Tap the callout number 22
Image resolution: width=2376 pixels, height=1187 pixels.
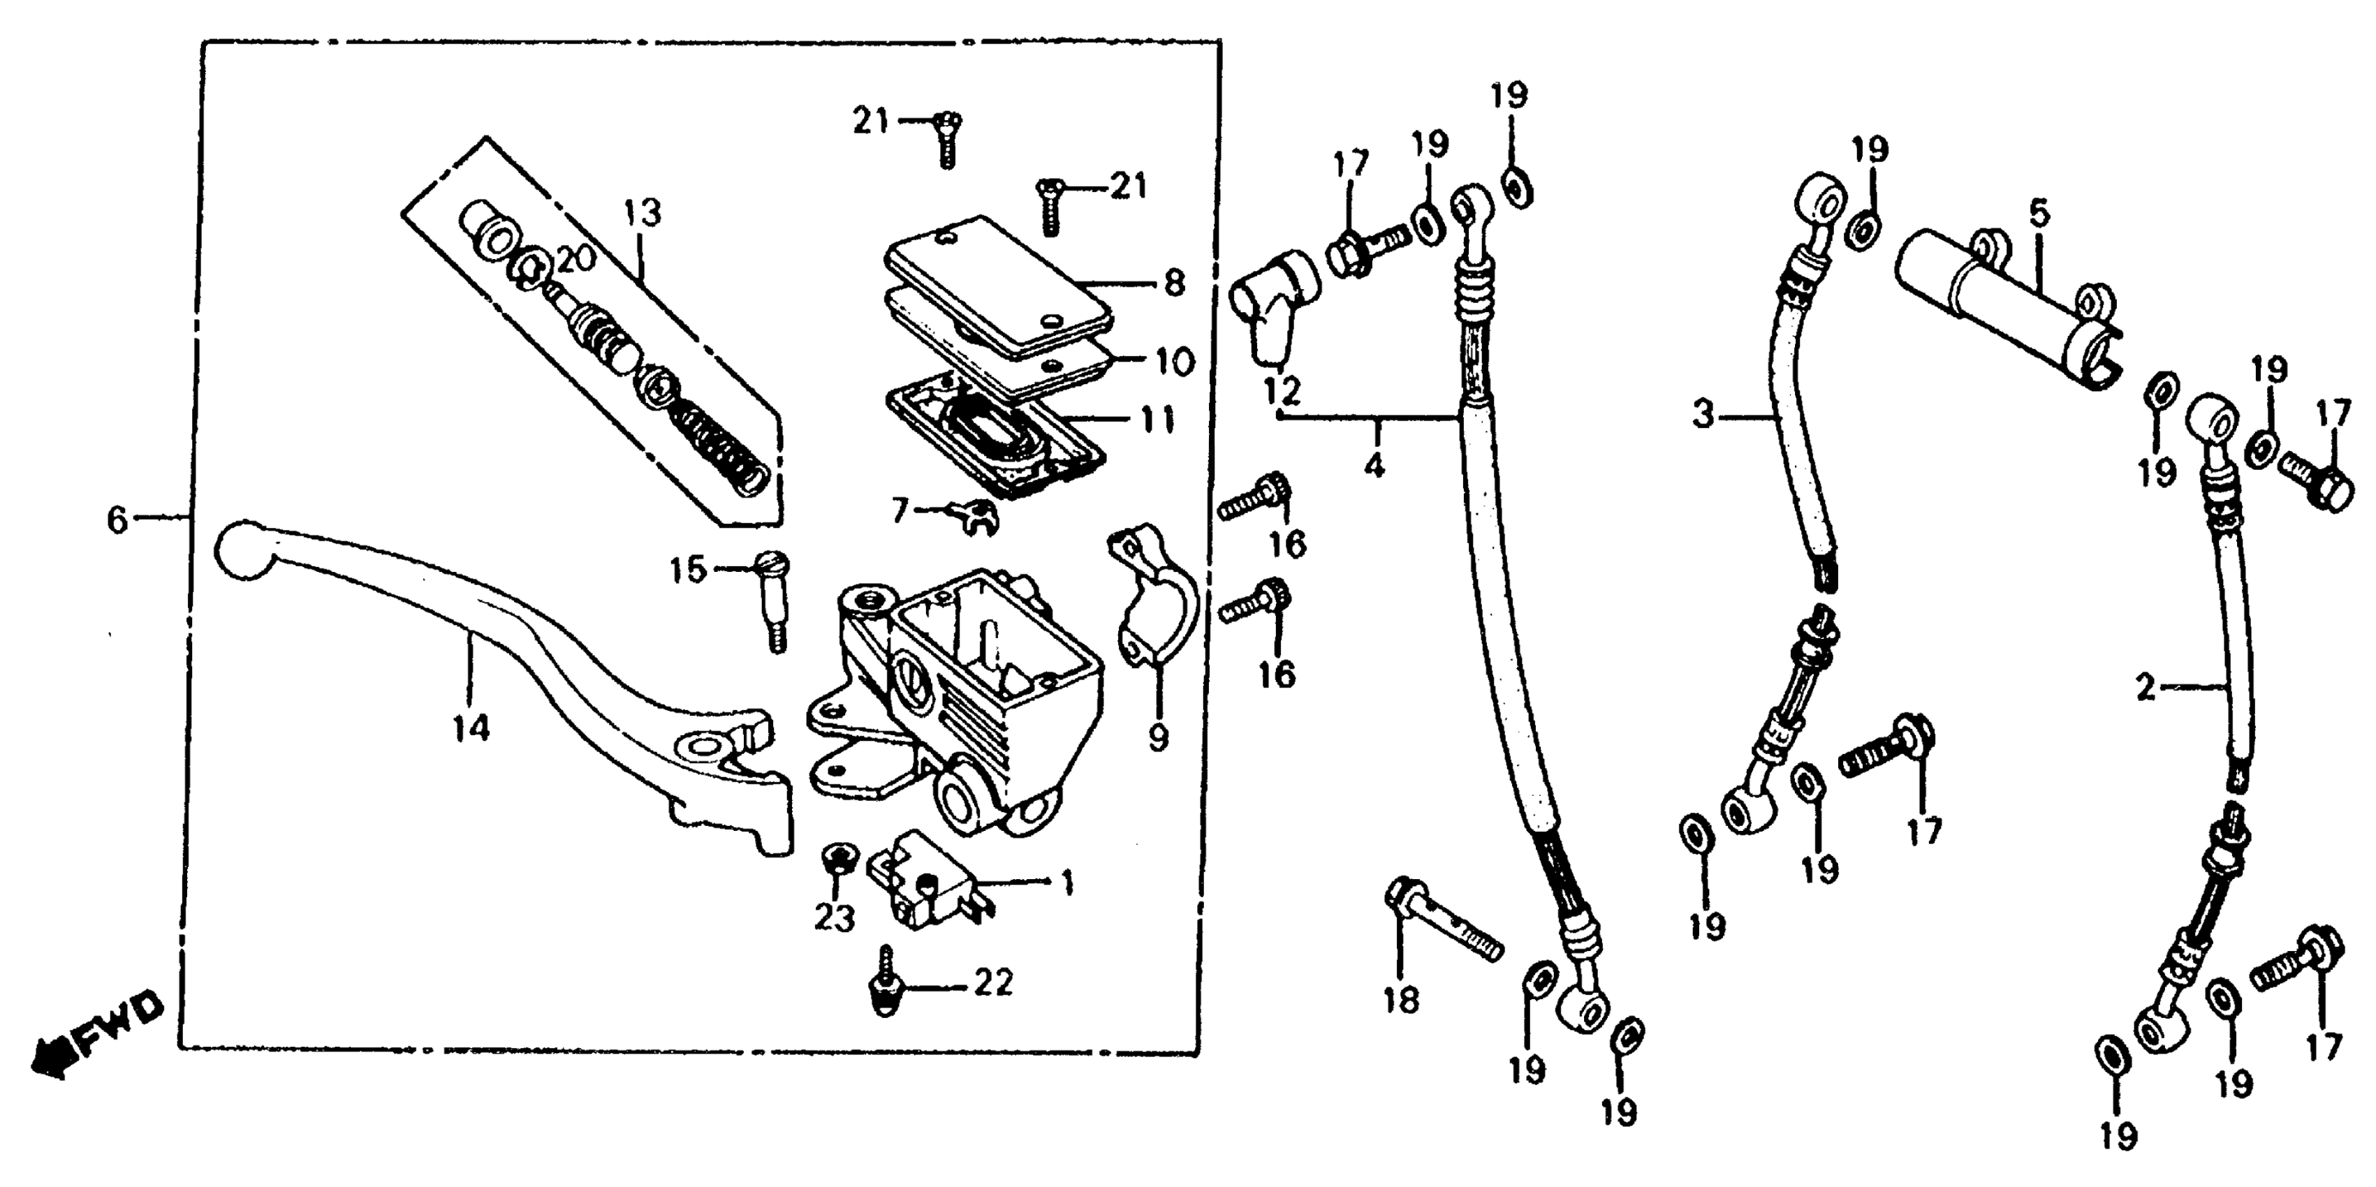pyautogui.click(x=992, y=983)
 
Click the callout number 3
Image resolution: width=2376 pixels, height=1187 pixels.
pyautogui.click(x=1703, y=415)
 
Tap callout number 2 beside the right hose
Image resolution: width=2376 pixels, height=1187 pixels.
pyautogui.click(x=2146, y=687)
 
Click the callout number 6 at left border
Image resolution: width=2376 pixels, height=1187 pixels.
pyautogui.click(x=117, y=520)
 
